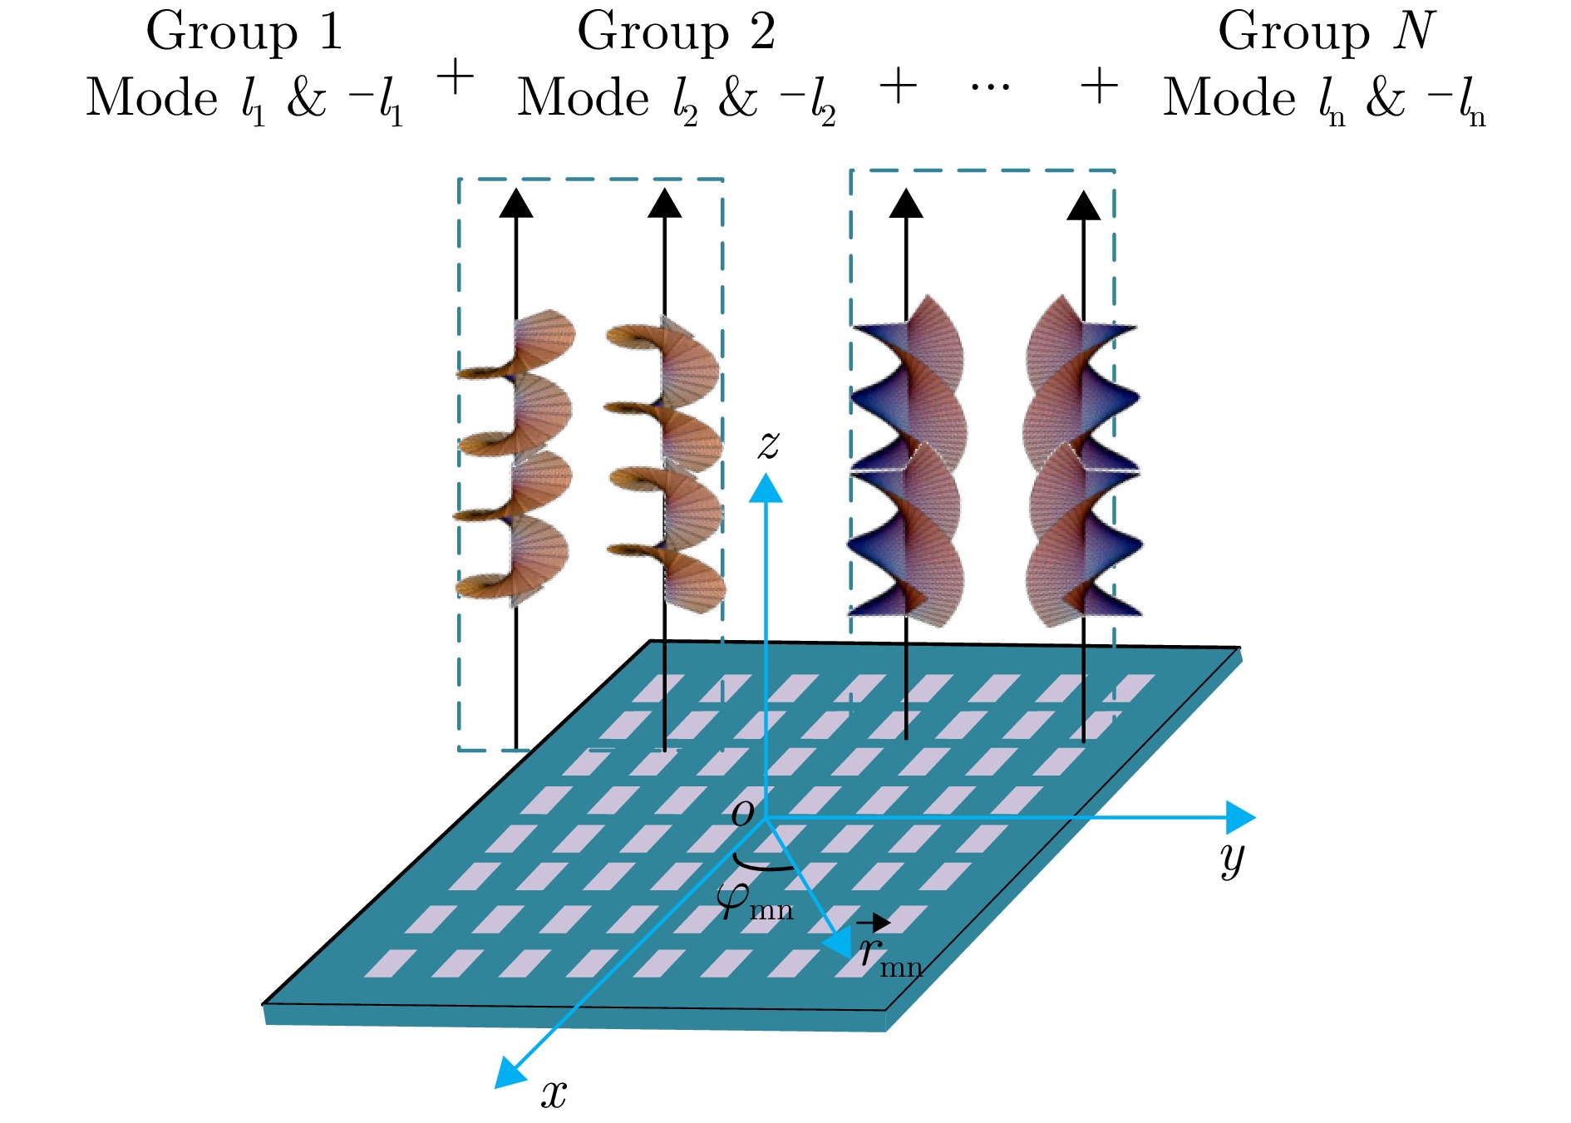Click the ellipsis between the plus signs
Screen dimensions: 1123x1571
coord(991,86)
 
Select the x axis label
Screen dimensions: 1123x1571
coord(554,1092)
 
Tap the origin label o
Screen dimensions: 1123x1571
coord(742,811)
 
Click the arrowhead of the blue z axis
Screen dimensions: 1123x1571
coord(766,488)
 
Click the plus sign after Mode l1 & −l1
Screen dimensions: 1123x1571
coord(455,80)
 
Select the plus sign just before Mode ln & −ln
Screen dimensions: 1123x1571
coord(1099,86)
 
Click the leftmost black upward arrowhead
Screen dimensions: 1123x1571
coord(516,204)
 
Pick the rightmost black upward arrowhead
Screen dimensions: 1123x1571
coord(1083,206)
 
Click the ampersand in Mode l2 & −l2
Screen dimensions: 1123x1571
coord(737,98)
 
